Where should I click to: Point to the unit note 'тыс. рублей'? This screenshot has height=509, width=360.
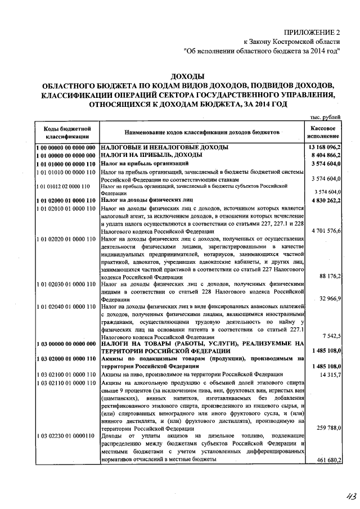click(x=325, y=118)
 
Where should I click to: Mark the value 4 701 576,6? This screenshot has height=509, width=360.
click(x=327, y=231)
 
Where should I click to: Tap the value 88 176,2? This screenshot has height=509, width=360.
click(x=329, y=276)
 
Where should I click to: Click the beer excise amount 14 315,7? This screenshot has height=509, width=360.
click(x=329, y=374)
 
